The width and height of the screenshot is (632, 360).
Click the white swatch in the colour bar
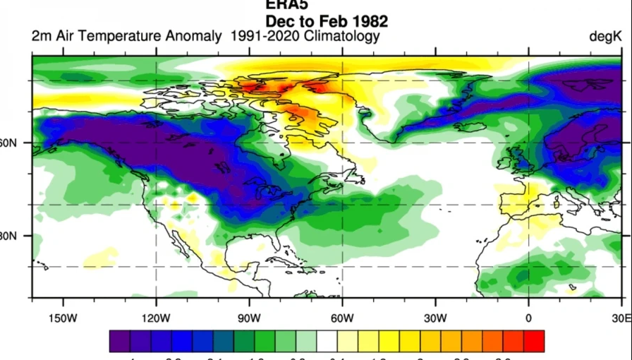(x=327, y=341)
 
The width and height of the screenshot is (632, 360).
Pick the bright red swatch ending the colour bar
(x=534, y=341)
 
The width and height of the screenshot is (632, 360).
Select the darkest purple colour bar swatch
(x=119, y=341)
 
